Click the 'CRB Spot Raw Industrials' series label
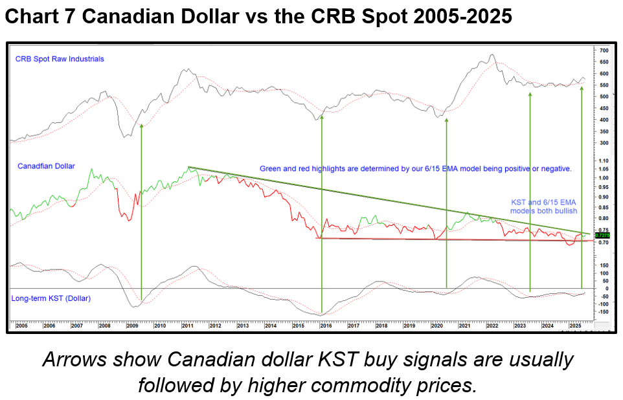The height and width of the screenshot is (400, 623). click(60, 59)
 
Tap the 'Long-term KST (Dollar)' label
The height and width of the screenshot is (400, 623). click(51, 298)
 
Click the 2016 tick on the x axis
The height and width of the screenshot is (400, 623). click(326, 326)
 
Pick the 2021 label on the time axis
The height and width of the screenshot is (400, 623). click(464, 326)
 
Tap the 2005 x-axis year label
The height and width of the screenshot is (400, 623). click(22, 326)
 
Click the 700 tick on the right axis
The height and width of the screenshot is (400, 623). click(604, 50)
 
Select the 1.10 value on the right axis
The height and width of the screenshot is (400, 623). click(604, 161)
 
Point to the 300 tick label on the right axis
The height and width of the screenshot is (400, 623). click(604, 143)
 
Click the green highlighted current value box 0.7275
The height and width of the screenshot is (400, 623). click(602, 236)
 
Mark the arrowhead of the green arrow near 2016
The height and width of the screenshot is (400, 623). click(322, 118)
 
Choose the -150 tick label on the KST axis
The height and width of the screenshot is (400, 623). click(604, 312)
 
